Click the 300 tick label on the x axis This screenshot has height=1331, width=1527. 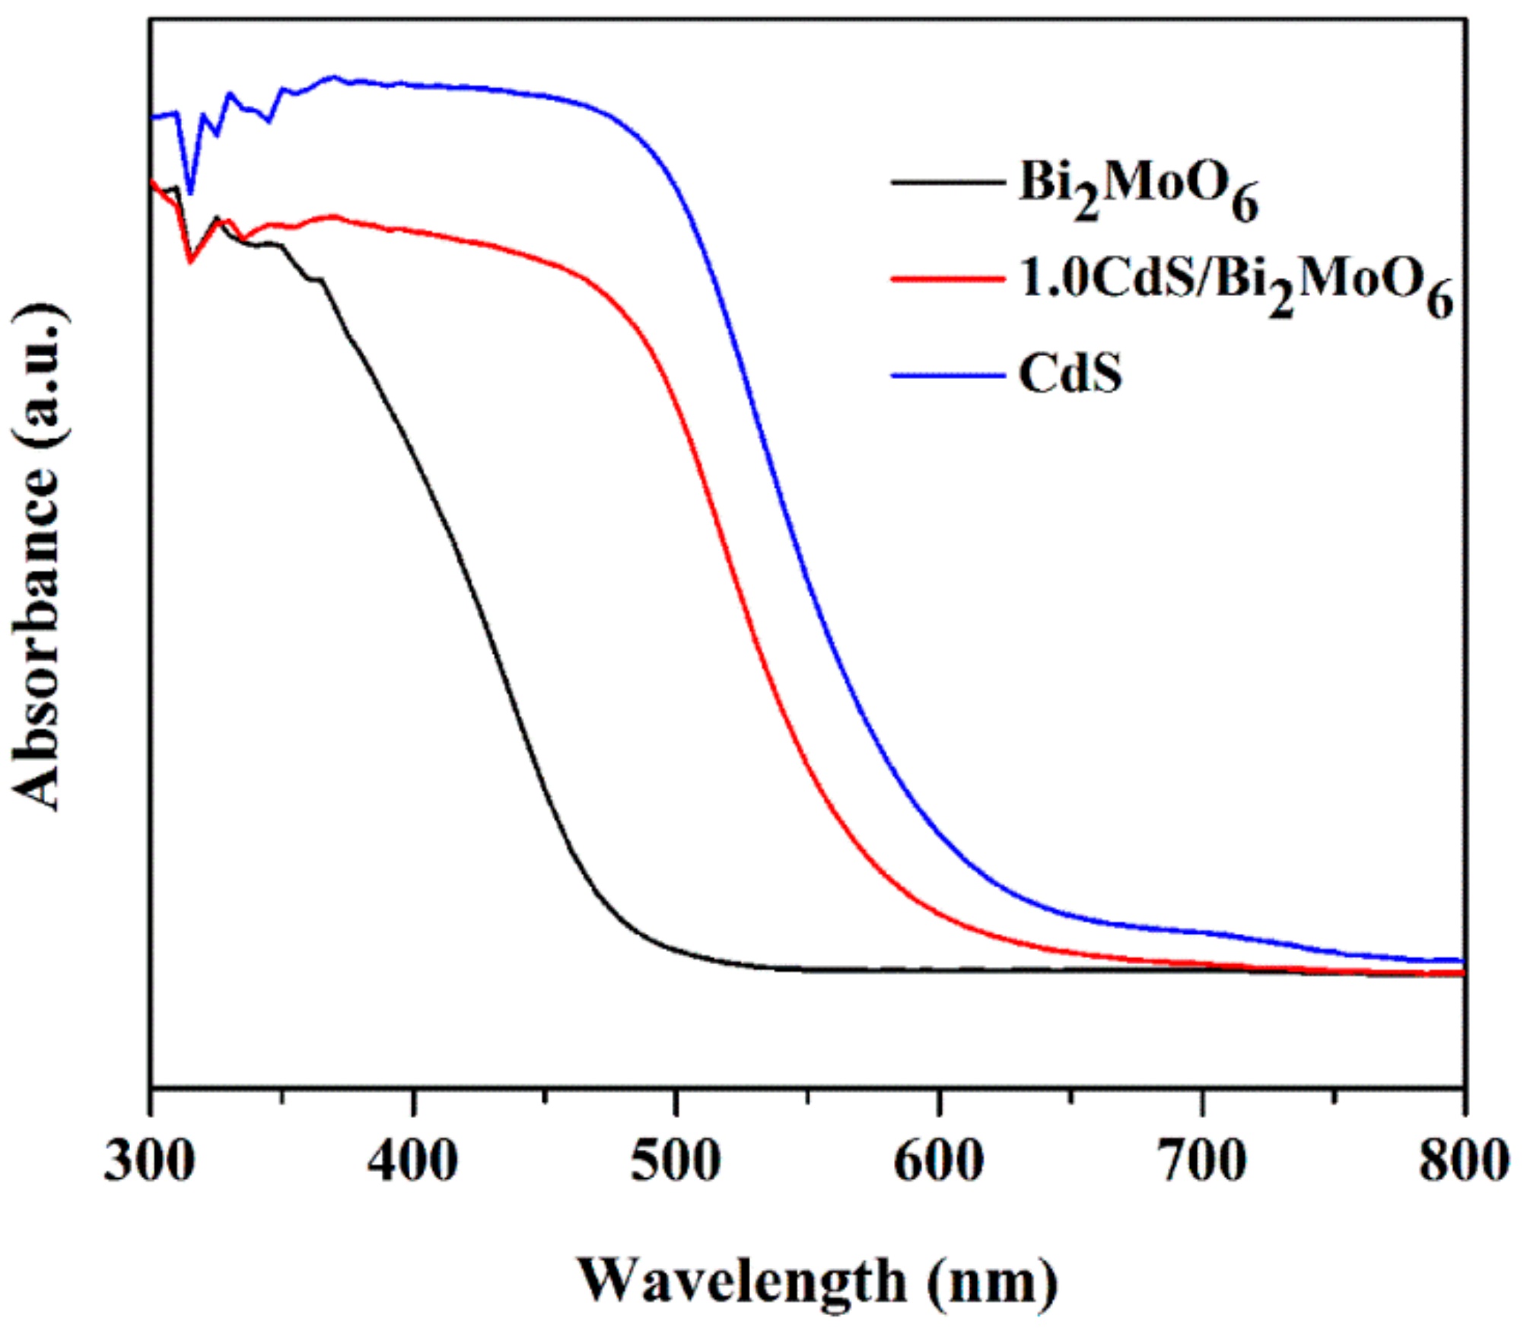tap(149, 1161)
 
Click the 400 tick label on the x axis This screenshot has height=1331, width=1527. tap(412, 1161)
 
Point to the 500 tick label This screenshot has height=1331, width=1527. tap(676, 1161)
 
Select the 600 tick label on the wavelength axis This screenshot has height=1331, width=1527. tap(939, 1161)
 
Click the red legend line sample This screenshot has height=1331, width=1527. tap(948, 279)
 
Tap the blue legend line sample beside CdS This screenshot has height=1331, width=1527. tap(948, 374)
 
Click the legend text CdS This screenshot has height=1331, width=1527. tap(1070, 374)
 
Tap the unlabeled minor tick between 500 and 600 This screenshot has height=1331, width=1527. tap(808, 1097)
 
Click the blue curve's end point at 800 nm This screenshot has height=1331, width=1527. tap(1462, 961)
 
